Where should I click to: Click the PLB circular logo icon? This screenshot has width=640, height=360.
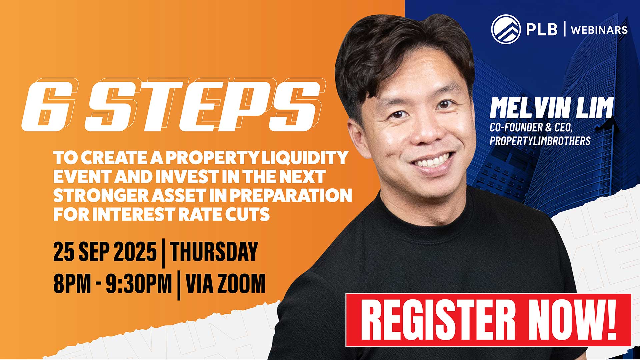pos(506,29)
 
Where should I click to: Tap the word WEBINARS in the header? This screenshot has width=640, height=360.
pos(599,30)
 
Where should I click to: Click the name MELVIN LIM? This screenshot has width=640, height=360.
pos(551,108)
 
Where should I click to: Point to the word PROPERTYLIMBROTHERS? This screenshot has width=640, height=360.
pos(540,141)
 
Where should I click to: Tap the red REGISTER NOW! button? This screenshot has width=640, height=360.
pos(488,320)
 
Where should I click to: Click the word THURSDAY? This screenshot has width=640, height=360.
pos(214,251)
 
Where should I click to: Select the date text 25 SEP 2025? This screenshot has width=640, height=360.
pos(105,251)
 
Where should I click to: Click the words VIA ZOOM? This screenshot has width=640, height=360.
pos(226,284)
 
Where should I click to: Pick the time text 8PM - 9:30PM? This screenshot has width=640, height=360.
pos(113,284)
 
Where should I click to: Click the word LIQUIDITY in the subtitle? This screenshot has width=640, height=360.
pos(305,158)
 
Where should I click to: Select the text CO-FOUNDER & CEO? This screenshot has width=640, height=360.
pos(531,127)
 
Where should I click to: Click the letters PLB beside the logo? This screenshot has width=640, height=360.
pos(542,29)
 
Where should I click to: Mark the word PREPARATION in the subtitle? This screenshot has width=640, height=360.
pos(291,196)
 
